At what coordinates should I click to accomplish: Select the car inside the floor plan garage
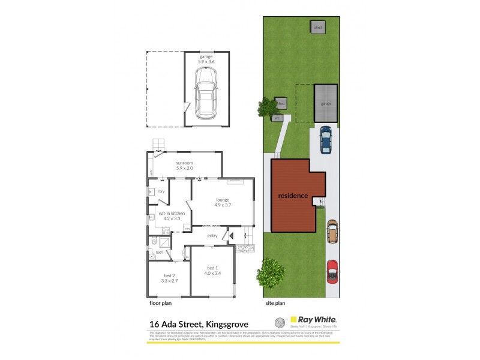(x=206, y=93)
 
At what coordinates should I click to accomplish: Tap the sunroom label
(x=185, y=166)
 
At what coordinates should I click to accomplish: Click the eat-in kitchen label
(x=171, y=215)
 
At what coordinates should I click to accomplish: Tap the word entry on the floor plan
(x=212, y=236)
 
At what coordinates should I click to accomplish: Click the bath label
(x=160, y=252)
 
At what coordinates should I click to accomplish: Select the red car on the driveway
(x=332, y=271)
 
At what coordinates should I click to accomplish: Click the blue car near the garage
(x=325, y=139)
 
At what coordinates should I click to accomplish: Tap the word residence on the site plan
(x=293, y=196)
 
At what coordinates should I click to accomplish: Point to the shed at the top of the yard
(x=317, y=27)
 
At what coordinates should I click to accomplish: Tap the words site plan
(x=274, y=304)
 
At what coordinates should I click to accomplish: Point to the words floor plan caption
(x=160, y=304)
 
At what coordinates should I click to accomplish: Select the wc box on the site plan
(x=277, y=118)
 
